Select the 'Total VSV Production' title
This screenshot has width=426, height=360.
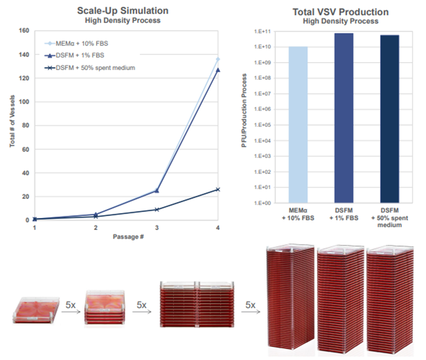pyautogui.click(x=340, y=12)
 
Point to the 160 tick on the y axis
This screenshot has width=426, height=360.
pyautogui.click(x=24, y=31)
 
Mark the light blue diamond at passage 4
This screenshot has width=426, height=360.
pyautogui.click(x=218, y=59)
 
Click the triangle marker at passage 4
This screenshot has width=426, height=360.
pyautogui.click(x=218, y=70)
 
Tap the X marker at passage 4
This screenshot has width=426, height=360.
pyautogui.click(x=218, y=189)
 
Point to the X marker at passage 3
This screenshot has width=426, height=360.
pyautogui.click(x=157, y=209)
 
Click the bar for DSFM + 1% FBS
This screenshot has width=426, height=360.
pyautogui.click(x=343, y=118)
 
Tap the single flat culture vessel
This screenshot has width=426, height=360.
pyautogui.click(x=32, y=310)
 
